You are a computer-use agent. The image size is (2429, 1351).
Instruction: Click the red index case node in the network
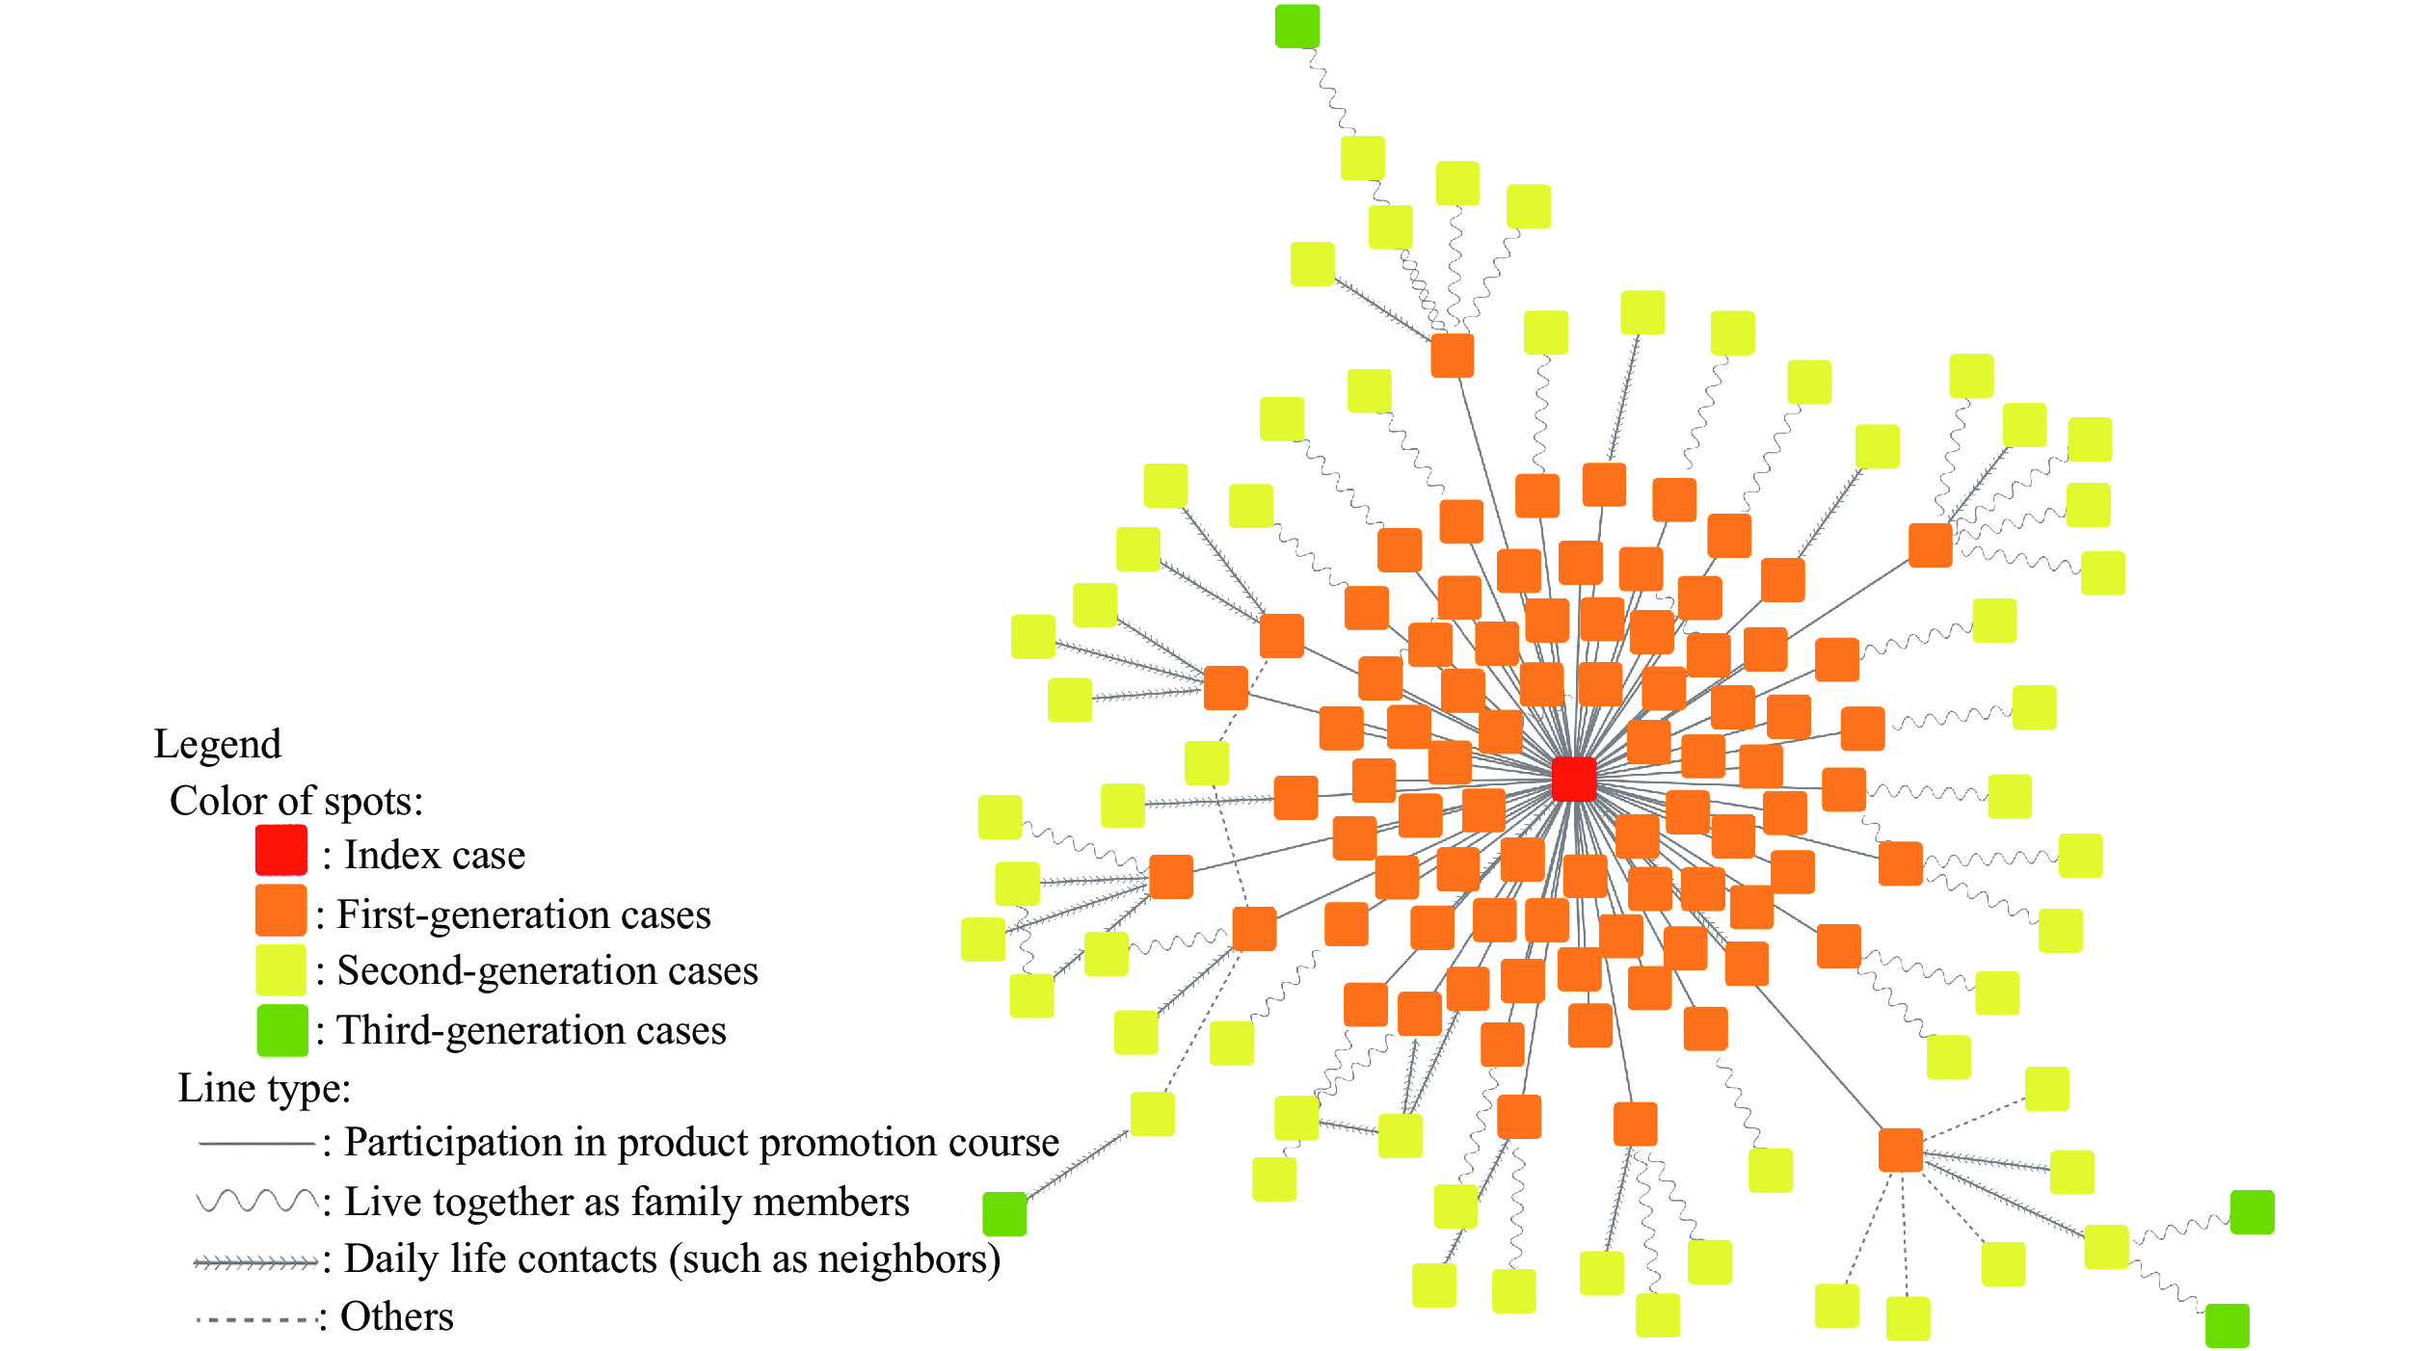[1573, 779]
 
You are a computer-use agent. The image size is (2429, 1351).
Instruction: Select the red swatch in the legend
[280, 850]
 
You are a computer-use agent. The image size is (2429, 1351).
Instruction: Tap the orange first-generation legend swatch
[280, 911]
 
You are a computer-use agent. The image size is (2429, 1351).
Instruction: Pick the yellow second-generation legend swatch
[280, 969]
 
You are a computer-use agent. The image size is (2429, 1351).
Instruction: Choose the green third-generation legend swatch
[281, 1030]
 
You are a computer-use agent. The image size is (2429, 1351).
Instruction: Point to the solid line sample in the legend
[256, 1143]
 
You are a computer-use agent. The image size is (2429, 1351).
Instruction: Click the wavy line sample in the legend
[256, 1201]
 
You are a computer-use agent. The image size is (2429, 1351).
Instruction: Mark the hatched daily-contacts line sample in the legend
[256, 1262]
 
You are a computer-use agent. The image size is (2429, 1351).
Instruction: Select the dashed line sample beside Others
[256, 1319]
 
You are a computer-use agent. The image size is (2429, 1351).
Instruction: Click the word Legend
[218, 744]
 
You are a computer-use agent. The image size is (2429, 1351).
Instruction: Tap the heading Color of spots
[296, 801]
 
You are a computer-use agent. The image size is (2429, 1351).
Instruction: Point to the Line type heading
[264, 1088]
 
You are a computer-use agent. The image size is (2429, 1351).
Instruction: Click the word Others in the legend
[397, 1316]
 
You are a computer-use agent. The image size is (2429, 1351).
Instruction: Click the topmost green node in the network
[1297, 26]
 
